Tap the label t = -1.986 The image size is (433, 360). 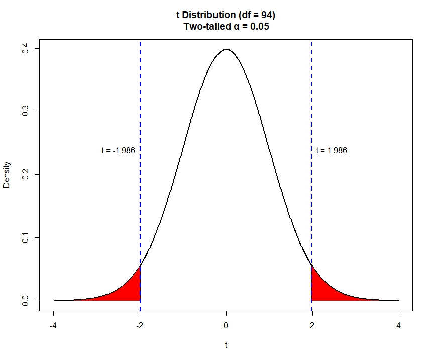pos(118,150)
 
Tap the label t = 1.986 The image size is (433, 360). pos(332,150)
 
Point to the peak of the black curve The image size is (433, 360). pos(226,49)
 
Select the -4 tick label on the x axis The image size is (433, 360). pos(53,325)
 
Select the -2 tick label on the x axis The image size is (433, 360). pos(140,325)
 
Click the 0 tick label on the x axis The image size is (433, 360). pos(226,325)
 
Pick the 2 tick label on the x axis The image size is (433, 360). pos(312,325)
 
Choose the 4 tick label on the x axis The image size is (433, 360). pos(399,325)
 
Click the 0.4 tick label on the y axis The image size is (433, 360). pos(24,48)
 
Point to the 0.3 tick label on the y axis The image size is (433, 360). pos(24,111)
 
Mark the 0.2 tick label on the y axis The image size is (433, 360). pos(24,174)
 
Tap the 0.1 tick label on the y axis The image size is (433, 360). pos(24,237)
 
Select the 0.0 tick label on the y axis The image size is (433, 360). pos(24,301)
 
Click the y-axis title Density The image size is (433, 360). pos(7,174)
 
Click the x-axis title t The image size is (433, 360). pos(226,345)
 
